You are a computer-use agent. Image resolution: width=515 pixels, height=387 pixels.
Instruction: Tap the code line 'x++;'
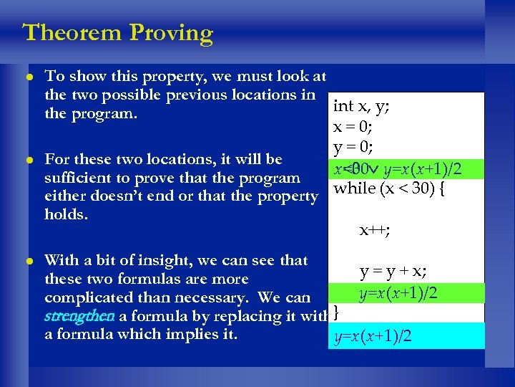tap(374, 230)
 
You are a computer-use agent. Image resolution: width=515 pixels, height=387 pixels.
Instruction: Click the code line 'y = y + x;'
tap(393, 272)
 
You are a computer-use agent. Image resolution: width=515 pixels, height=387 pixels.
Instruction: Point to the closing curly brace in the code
tap(336, 312)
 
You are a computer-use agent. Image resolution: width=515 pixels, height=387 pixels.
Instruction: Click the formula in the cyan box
tap(373, 337)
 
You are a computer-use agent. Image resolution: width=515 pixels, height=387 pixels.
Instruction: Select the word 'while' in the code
tap(353, 189)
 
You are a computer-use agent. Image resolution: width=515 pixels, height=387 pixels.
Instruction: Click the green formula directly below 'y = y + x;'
tap(398, 292)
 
